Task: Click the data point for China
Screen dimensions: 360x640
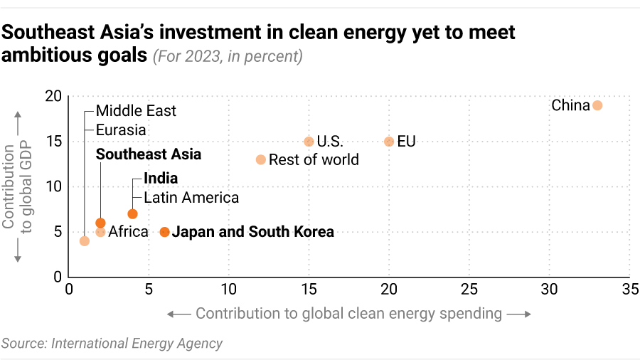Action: pos(597,105)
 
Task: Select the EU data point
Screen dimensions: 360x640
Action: pos(389,142)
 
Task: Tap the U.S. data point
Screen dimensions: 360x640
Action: pos(309,142)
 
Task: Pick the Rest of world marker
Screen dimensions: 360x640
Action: pos(261,160)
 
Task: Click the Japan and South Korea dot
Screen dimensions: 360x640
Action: pos(165,232)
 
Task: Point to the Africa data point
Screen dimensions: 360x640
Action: pos(100,232)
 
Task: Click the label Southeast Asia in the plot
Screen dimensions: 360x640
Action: pos(149,154)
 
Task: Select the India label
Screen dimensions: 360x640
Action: pos(161,179)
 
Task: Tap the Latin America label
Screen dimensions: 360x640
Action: pos(191,198)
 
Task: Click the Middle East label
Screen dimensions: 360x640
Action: pos(136,111)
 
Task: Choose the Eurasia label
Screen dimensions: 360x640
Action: pos(121,130)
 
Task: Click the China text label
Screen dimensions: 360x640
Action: pos(570,106)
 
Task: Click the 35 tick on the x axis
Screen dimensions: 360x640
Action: pos(629,290)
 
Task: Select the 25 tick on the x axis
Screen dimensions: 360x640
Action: pos(469,290)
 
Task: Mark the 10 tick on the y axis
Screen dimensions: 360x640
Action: pos(54,187)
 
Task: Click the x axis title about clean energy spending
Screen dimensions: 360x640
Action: pos(348,314)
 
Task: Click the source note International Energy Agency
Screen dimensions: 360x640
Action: pos(112,344)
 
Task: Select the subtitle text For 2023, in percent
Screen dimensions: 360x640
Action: pos(228,56)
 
